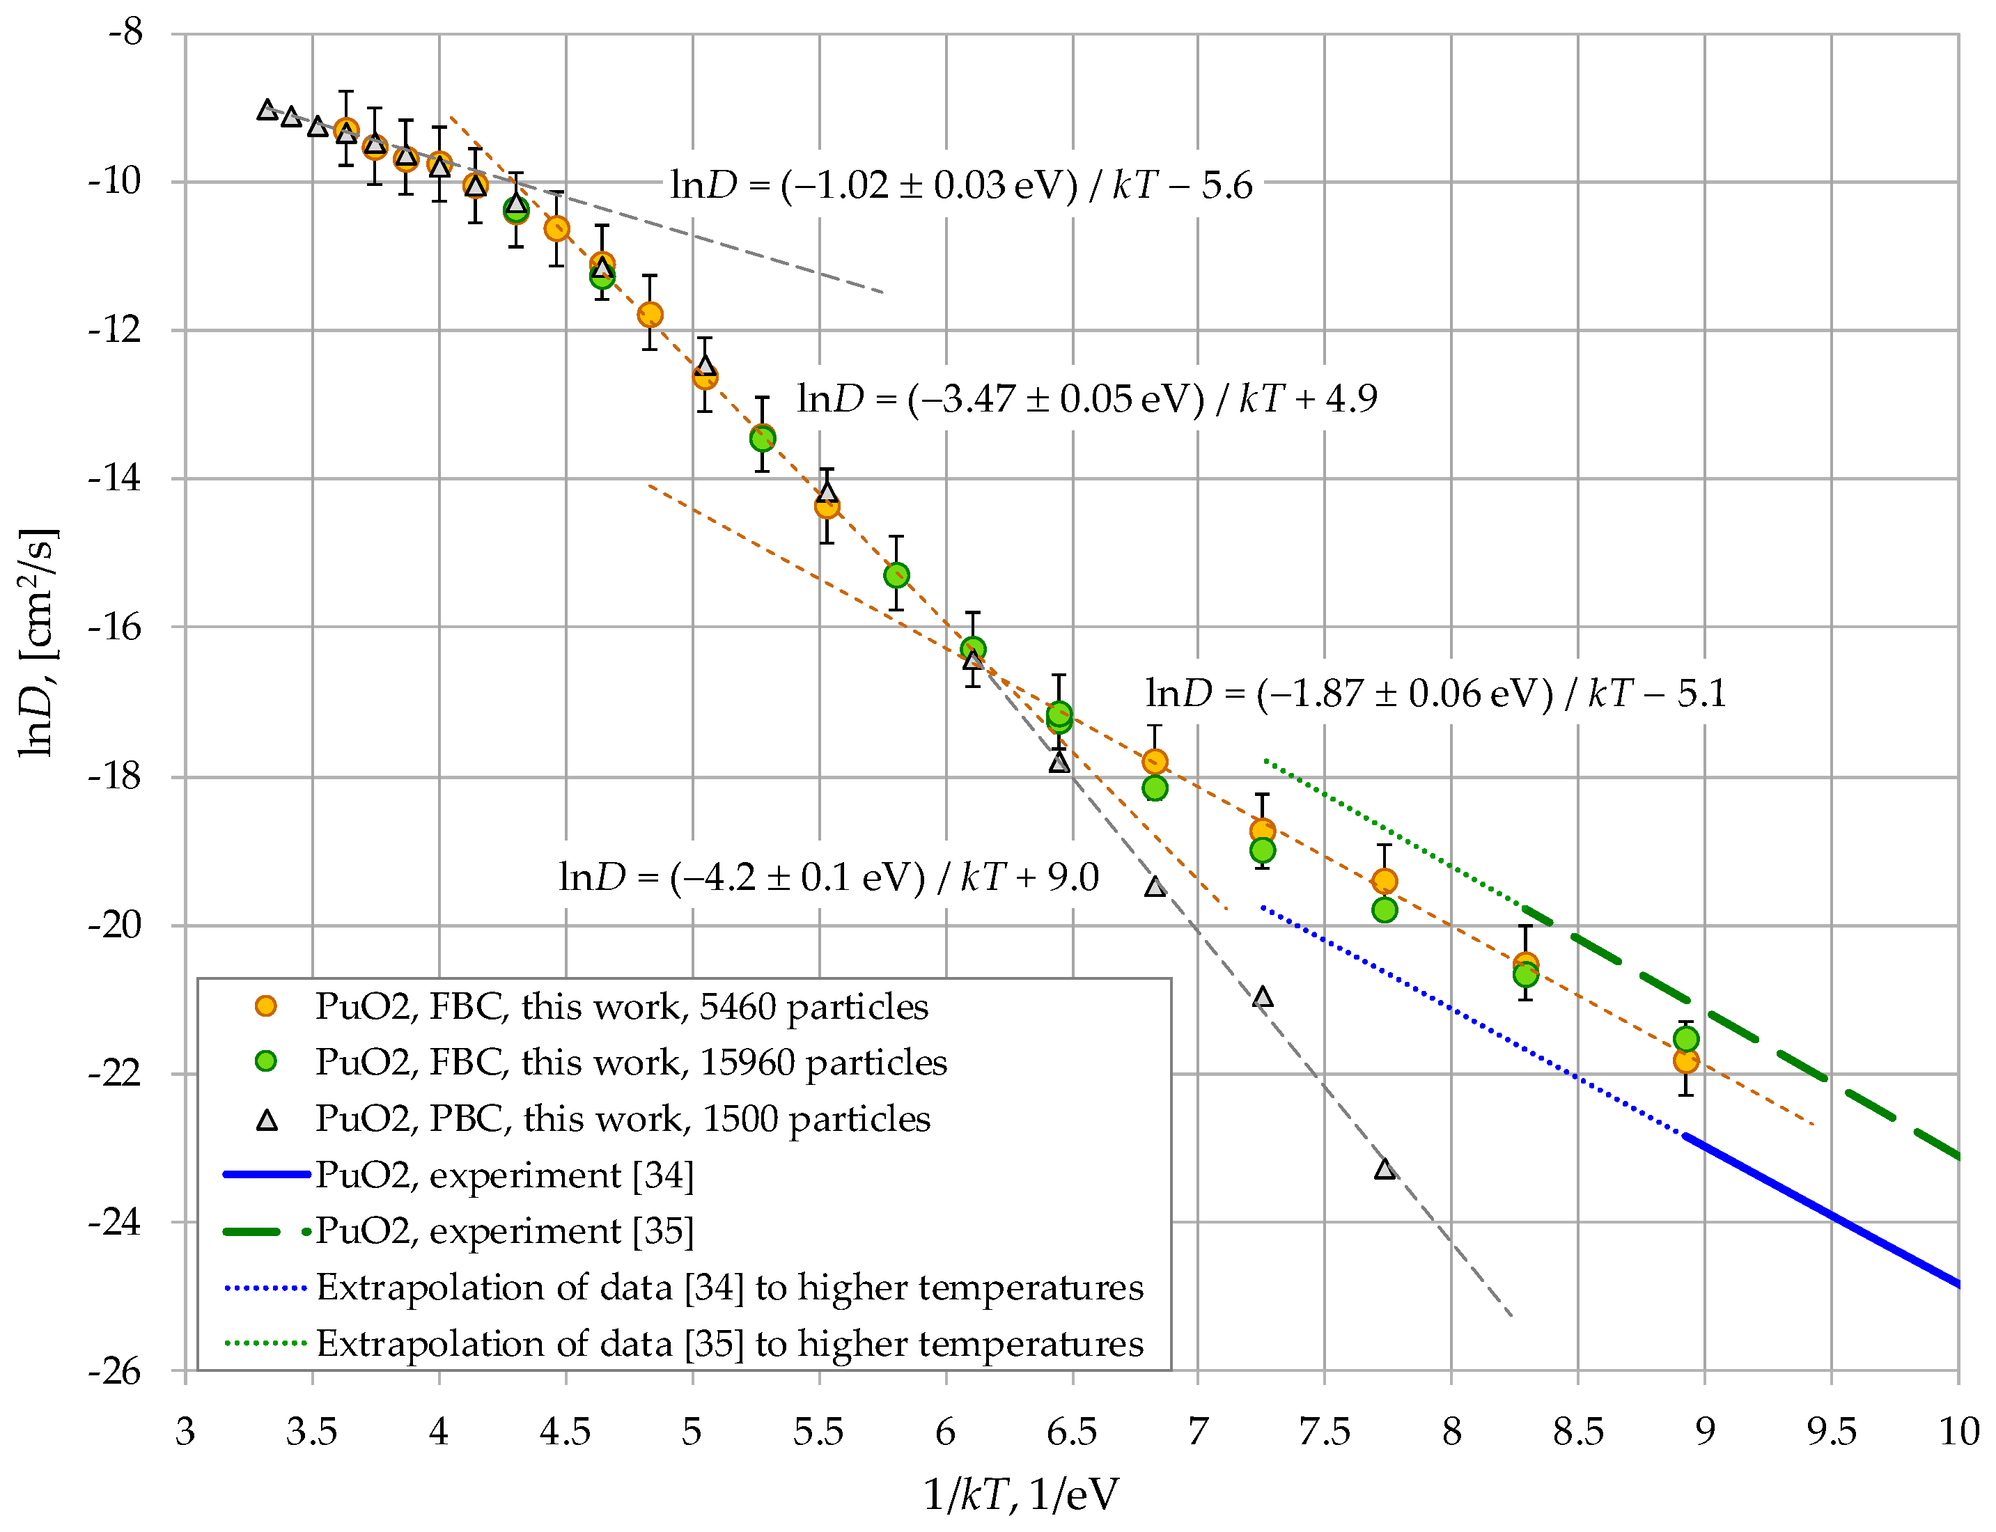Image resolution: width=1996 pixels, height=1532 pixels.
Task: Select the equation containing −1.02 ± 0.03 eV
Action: [x=960, y=185]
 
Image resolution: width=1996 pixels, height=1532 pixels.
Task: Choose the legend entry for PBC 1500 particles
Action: [x=622, y=1119]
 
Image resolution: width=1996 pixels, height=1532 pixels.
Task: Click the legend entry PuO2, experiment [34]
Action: [x=504, y=1175]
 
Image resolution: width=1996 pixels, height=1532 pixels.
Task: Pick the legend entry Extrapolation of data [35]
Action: [x=728, y=1344]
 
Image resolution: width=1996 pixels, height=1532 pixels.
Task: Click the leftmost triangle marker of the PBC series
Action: [x=266, y=110]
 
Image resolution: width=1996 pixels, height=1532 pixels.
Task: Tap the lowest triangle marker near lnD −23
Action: [x=1384, y=1169]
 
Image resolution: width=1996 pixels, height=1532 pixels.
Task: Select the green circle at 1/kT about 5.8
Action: [x=896, y=574]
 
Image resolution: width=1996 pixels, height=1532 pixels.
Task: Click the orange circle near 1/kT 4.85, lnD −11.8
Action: [x=649, y=315]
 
